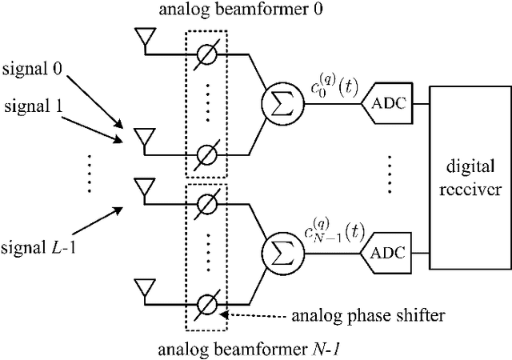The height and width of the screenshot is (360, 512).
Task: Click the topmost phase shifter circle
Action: click(206, 54)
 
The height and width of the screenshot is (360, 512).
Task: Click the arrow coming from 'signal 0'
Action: click(95, 100)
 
